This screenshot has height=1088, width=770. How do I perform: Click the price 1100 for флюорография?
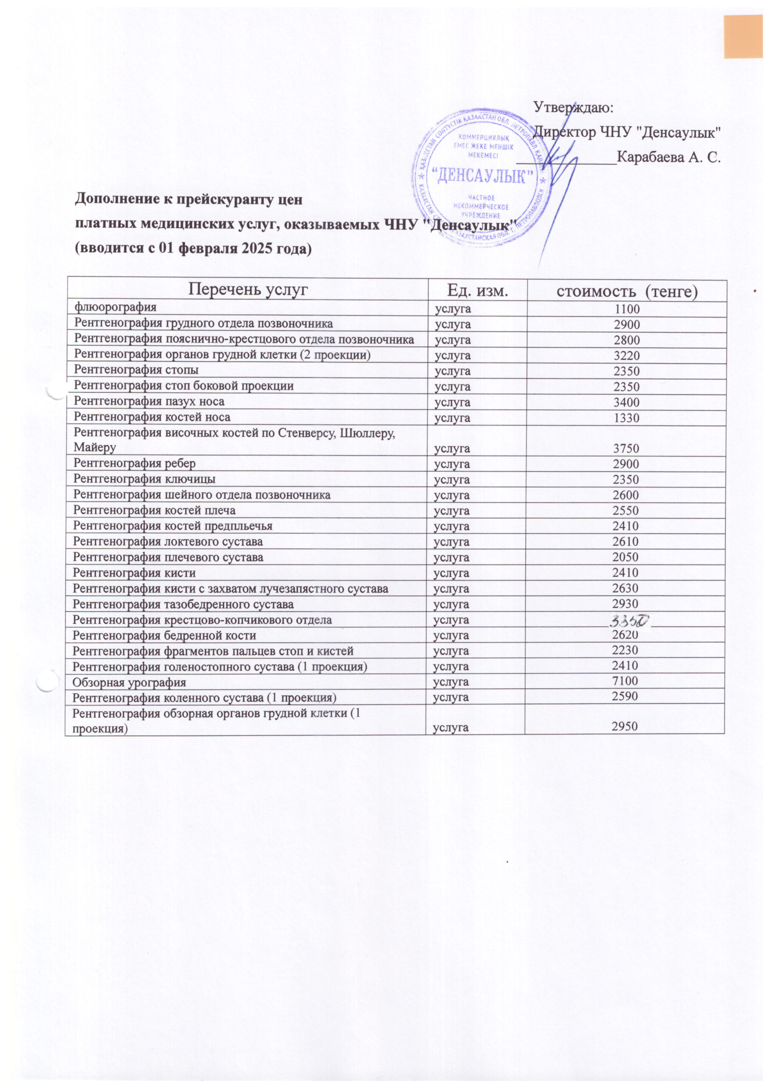click(x=627, y=310)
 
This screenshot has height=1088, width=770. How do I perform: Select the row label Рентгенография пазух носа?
click(x=149, y=402)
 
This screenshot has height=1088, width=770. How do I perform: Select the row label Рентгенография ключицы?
click(x=145, y=479)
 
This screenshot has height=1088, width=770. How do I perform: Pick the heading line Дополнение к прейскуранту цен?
click(x=189, y=199)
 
